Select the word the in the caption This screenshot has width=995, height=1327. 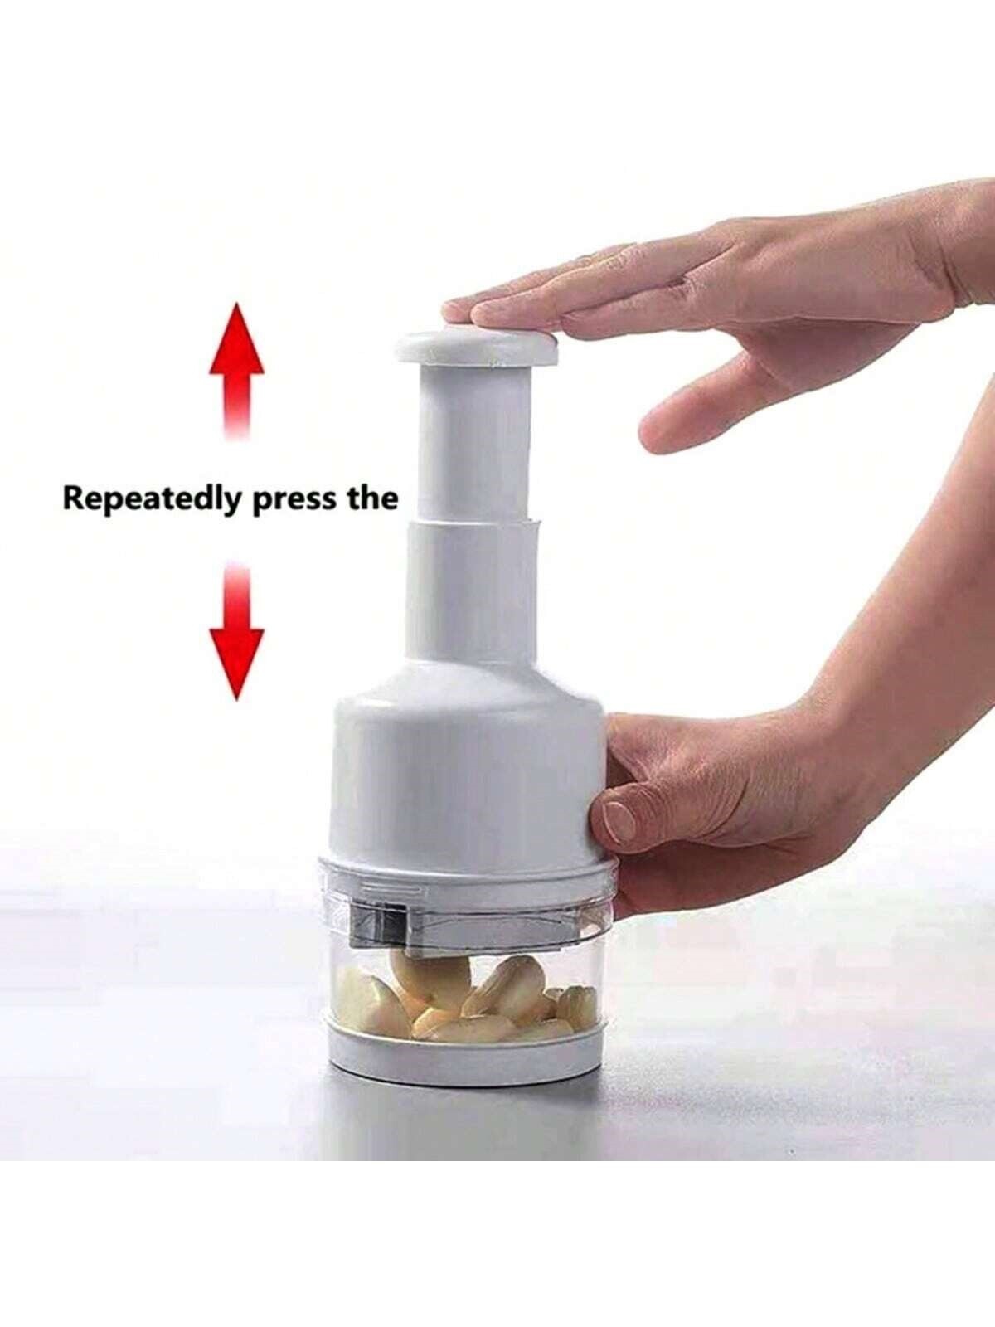click(371, 498)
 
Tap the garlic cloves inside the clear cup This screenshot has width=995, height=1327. click(464, 995)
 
